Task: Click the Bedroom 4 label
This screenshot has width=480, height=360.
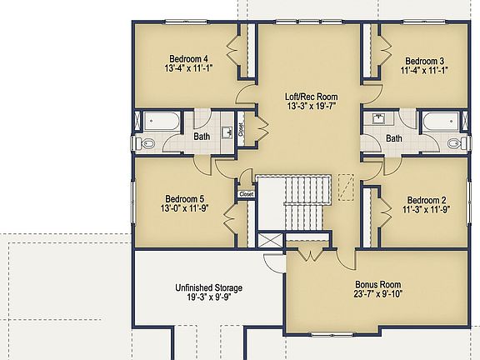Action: (188, 58)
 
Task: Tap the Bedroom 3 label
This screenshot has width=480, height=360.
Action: (424, 61)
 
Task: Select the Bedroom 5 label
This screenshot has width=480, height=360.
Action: (184, 198)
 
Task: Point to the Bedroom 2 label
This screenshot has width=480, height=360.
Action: (425, 200)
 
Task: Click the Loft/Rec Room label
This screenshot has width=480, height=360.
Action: (311, 97)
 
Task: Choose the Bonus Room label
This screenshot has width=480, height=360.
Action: (378, 284)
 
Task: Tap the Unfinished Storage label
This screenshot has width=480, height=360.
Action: (208, 288)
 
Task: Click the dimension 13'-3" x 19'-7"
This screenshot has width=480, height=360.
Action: (311, 107)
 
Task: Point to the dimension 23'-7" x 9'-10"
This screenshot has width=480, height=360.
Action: (378, 294)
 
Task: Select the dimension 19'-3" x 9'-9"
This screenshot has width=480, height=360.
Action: (208, 298)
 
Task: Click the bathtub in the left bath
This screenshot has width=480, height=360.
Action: (158, 122)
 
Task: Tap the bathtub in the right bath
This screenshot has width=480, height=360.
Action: (441, 122)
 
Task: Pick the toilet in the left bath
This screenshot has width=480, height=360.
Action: (147, 143)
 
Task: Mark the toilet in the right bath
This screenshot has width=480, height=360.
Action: (455, 143)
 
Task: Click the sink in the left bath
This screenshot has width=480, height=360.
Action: (227, 131)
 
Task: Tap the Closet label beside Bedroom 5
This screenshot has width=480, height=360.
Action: (247, 194)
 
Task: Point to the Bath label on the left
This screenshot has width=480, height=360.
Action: (202, 137)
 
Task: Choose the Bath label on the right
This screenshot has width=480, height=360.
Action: (394, 138)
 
